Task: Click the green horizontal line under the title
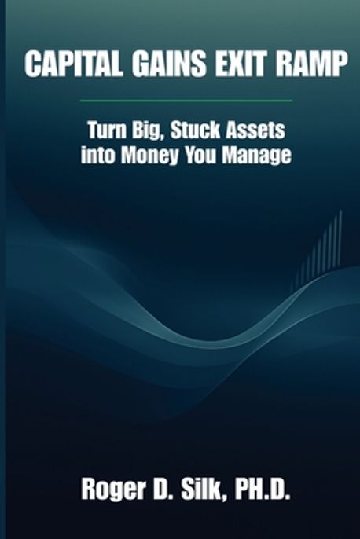point(186,101)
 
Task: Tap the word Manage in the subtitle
point(260,156)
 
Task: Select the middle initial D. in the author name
point(173,493)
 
